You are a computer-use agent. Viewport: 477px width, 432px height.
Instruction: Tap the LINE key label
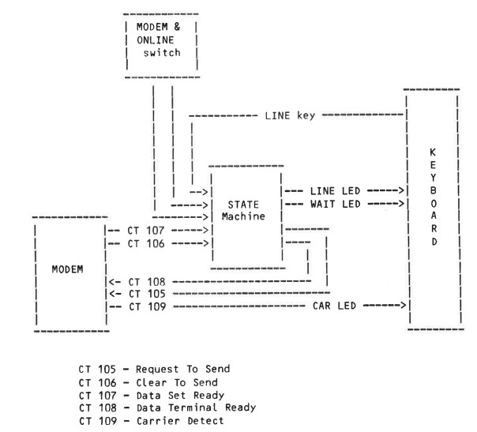click(x=291, y=115)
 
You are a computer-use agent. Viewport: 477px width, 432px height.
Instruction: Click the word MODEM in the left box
click(x=68, y=268)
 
